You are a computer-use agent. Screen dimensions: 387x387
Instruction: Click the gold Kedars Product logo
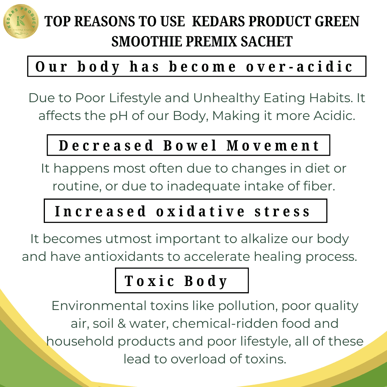click(x=21, y=21)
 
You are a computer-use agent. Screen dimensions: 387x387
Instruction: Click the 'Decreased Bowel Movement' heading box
click(x=188, y=145)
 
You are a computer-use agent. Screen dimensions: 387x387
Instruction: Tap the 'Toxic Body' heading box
click(x=182, y=281)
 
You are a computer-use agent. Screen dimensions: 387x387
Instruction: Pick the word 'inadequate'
click(x=203, y=187)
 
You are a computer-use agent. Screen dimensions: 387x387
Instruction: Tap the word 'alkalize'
click(x=264, y=239)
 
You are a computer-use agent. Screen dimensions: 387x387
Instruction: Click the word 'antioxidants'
click(x=124, y=257)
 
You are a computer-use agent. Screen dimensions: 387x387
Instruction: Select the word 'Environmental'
click(x=99, y=306)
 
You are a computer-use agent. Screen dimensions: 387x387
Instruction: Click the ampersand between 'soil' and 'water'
click(x=122, y=324)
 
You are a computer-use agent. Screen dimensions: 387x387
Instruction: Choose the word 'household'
click(x=80, y=341)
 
